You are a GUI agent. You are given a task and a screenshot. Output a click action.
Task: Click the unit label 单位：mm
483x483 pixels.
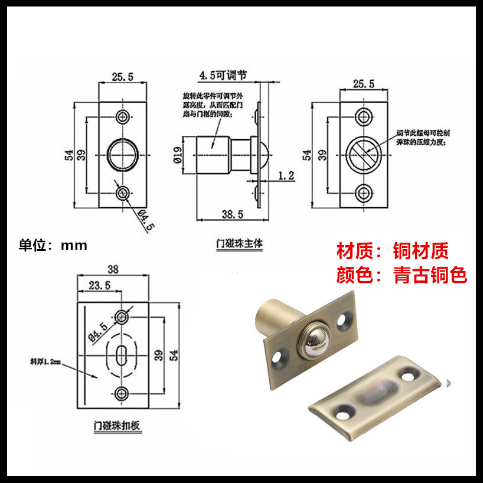click(x=53, y=245)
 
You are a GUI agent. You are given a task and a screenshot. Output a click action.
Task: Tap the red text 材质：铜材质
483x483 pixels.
click(x=392, y=251)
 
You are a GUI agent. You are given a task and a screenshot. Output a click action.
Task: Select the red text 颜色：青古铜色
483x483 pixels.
click(x=402, y=275)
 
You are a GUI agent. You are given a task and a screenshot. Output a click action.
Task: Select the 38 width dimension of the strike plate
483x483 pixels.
click(x=113, y=269)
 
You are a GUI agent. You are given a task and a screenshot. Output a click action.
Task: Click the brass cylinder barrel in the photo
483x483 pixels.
click(x=273, y=319)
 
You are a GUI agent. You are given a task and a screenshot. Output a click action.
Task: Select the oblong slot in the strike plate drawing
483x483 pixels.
click(x=122, y=355)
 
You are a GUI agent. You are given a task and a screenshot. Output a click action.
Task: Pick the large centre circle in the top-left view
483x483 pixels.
click(x=123, y=154)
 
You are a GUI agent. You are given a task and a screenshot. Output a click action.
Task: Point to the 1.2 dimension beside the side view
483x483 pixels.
click(x=286, y=175)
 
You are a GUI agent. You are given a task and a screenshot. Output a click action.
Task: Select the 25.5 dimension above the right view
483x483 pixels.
click(x=364, y=84)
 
